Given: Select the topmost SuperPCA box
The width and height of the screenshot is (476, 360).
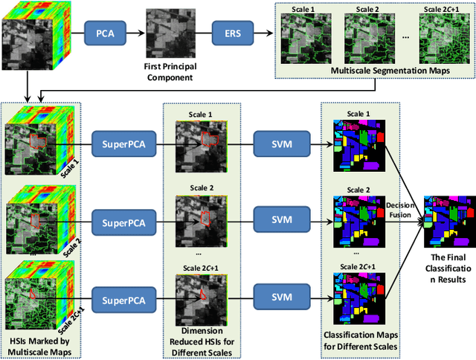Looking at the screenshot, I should coord(123,141).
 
